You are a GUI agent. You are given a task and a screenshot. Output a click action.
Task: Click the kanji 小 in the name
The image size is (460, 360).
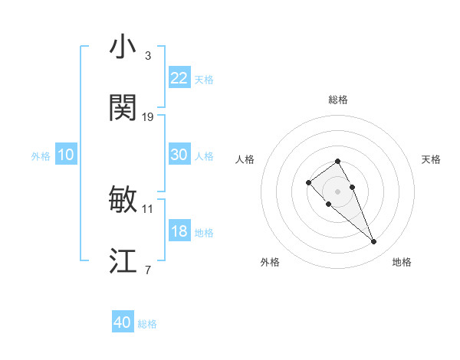tap(123, 47)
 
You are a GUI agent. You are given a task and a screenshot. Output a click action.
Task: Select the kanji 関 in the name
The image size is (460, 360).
tap(123, 109)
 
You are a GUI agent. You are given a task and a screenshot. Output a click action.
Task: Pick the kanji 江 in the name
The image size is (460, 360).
tap(123, 262)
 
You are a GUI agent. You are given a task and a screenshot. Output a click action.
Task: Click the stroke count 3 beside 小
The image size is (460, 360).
tap(148, 56)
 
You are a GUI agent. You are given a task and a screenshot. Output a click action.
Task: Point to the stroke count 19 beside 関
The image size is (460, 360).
tap(148, 117)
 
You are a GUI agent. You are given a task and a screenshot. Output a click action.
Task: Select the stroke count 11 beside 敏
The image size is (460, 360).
tap(148, 208)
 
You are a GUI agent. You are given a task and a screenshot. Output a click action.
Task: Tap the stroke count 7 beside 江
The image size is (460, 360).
tap(148, 270)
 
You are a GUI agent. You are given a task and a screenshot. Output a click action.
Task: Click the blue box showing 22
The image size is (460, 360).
tap(179, 78)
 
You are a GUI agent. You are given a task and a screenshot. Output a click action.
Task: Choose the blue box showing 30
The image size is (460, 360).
tap(179, 155)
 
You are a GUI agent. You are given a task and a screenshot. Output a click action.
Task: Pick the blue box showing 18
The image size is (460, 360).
tap(179, 231)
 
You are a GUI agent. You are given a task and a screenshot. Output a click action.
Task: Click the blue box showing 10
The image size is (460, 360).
tap(66, 155)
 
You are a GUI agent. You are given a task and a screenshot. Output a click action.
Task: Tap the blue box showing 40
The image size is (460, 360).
tap(123, 322)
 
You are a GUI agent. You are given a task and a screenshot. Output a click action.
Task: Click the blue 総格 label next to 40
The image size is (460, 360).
tap(148, 324)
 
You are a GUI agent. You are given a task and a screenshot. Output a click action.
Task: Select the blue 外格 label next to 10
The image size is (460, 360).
tap(41, 156)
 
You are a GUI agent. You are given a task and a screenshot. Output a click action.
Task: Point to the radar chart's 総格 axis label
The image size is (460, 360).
tap(338, 100)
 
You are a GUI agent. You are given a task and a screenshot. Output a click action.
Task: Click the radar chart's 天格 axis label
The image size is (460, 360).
tap(431, 159)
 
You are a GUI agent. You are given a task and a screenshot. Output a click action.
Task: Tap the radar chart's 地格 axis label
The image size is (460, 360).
tap(402, 262)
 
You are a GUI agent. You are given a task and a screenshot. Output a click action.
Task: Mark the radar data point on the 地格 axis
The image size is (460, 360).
tap(374, 242)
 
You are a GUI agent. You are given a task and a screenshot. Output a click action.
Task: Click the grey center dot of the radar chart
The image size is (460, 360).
tap(338, 191)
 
